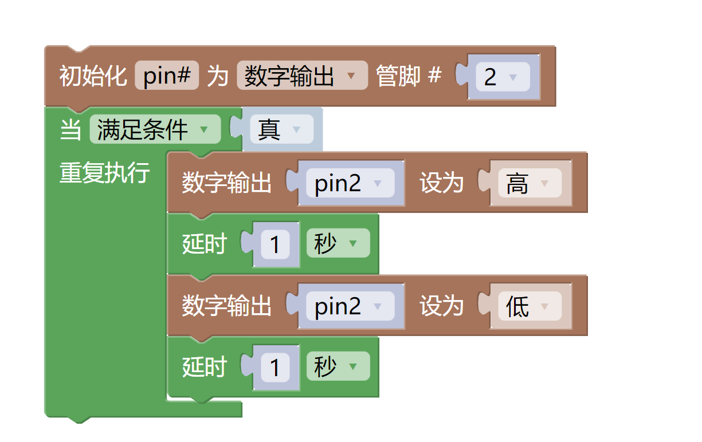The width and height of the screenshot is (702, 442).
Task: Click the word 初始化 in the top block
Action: coord(93,76)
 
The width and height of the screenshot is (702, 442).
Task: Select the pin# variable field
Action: coord(167,76)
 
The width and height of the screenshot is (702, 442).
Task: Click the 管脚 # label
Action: coord(409,76)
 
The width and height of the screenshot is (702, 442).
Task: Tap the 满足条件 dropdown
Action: coord(155,129)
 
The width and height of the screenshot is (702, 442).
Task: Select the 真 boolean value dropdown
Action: coord(281,130)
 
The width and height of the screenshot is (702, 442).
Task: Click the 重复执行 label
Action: coord(105,173)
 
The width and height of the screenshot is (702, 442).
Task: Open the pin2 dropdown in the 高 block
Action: coord(350,183)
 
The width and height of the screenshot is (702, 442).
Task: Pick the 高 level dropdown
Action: coord(529,184)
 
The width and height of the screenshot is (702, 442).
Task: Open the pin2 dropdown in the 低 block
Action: coord(350,306)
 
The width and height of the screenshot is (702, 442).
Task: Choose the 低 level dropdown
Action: coord(529,307)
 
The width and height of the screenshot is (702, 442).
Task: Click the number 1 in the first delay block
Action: coord(275,245)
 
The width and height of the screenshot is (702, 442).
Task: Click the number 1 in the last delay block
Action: coord(275,368)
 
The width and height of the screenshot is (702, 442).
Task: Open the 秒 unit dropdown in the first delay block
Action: coord(338,244)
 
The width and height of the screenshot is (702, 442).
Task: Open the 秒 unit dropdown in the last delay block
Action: coord(338,366)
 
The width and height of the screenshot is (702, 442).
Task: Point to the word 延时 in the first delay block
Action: coord(205,244)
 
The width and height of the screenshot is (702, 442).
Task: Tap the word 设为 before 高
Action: coord(441,183)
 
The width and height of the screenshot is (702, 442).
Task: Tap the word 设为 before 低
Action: coord(441,306)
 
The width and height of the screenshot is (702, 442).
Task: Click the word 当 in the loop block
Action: coord(70,130)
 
